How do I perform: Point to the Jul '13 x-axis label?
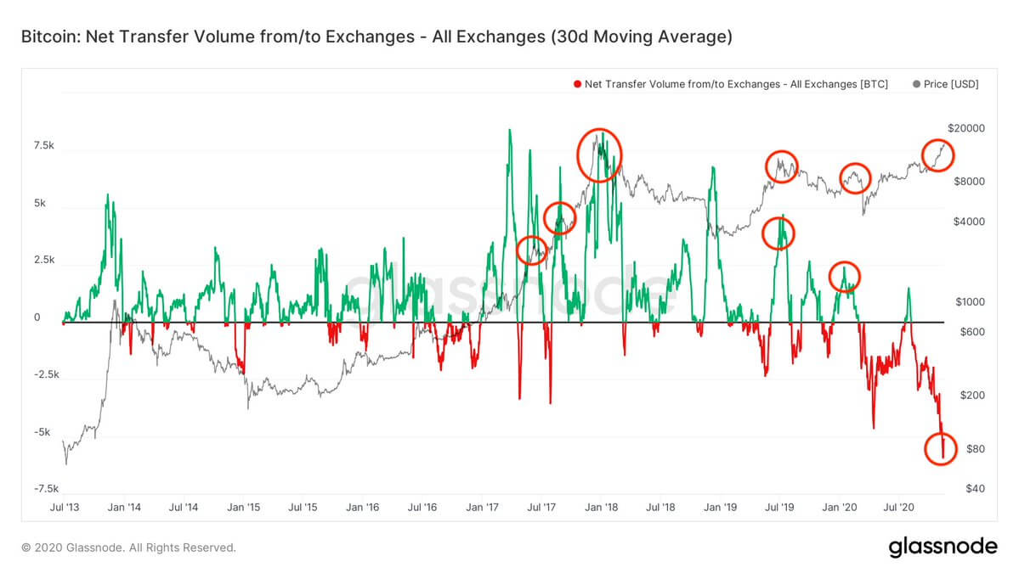65,508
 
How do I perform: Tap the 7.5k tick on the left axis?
43,146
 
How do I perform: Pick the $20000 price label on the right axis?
965,128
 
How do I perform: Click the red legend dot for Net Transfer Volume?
578,85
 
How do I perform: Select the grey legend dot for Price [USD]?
915,85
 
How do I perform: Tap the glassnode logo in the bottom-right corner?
943,547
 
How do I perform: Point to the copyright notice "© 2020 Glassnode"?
128,548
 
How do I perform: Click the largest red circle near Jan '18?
600,154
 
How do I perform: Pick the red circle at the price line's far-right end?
938,154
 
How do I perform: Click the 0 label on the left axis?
37,317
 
